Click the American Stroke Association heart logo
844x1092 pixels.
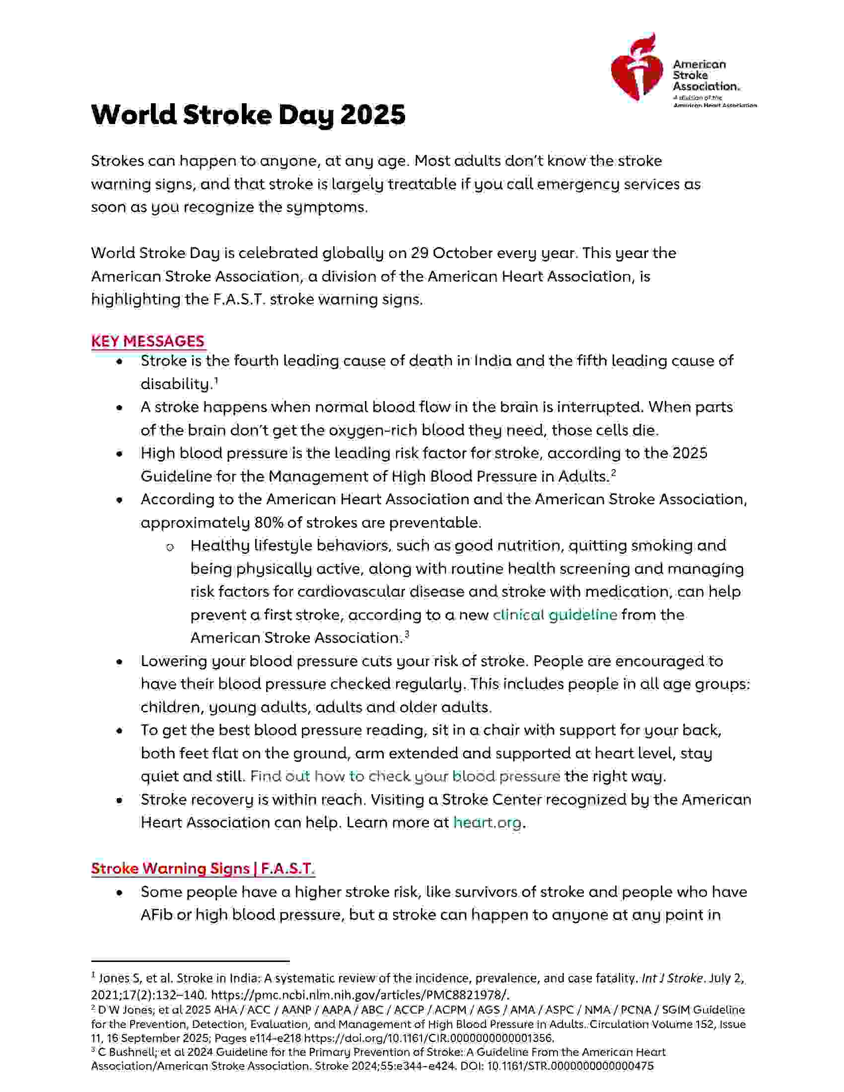pos(637,68)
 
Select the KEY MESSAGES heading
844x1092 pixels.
pos(147,341)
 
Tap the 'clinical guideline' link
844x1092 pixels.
pos(555,614)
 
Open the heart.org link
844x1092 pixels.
pos(487,822)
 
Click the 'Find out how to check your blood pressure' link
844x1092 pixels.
pos(405,776)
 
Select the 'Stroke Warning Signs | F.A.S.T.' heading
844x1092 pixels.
pos(203,869)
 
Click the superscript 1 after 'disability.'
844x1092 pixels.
pos(216,381)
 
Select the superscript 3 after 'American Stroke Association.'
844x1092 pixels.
pos(407,634)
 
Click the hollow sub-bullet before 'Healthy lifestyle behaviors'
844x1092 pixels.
pos(169,547)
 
